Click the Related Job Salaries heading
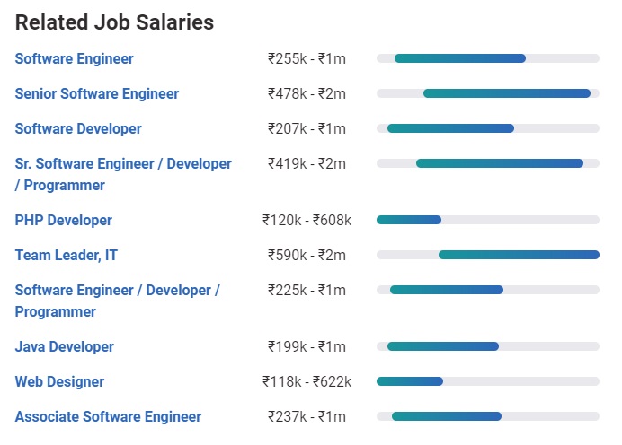[115, 22]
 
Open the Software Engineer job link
[75, 59]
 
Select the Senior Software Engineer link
[97, 94]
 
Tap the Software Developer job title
[78, 129]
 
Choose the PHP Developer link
[64, 221]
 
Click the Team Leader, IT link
[67, 256]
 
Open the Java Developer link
[65, 347]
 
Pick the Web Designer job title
[59, 382]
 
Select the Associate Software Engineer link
[108, 417]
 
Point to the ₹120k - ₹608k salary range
[307, 221]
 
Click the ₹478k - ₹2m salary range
[307, 94]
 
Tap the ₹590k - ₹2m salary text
[307, 256]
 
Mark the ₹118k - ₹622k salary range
[307, 382]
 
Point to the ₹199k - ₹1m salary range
[307, 347]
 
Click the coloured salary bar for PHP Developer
[409, 220]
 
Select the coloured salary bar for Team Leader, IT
[519, 255]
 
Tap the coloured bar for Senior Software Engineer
[506, 93]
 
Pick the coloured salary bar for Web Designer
[410, 381]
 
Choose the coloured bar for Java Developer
[442, 346]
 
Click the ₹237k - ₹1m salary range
[307, 417]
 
